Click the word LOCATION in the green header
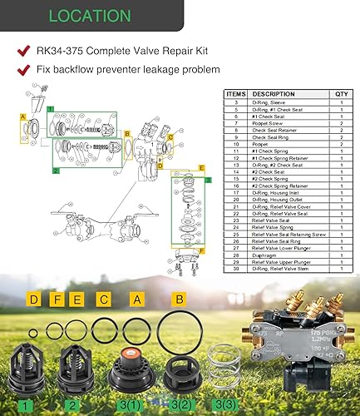click(89, 16)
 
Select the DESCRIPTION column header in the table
click(274, 94)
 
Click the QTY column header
click(341, 94)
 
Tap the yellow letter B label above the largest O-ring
click(178, 298)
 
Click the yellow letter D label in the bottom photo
click(33, 299)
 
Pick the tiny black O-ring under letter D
click(32, 334)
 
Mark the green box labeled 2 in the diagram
click(55, 171)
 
